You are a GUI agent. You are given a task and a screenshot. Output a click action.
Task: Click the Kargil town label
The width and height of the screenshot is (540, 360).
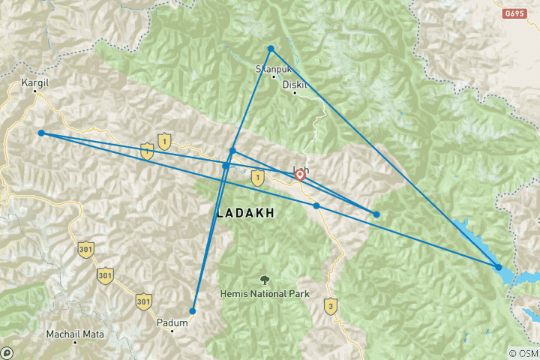click(35, 83)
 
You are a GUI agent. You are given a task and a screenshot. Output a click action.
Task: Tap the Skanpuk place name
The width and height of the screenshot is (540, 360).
click(271, 68)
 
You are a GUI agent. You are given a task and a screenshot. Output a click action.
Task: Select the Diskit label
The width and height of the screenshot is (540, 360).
click(295, 85)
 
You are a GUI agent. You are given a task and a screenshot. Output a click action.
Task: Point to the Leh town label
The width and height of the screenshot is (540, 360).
click(300, 169)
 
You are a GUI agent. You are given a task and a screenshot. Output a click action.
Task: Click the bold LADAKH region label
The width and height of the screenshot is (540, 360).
click(245, 214)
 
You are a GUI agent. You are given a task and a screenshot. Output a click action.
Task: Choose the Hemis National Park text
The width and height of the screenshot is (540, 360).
click(265, 293)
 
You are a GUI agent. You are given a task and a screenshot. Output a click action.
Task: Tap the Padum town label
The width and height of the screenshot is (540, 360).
click(172, 322)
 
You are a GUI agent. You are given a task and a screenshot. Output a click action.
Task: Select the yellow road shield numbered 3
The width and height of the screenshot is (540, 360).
click(329, 306)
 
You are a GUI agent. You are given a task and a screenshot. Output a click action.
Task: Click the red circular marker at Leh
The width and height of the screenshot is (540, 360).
click(300, 175)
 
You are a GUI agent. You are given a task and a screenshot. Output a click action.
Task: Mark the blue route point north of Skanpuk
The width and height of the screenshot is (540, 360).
click(271, 49)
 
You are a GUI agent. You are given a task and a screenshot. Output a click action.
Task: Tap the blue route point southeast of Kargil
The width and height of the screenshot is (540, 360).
click(41, 133)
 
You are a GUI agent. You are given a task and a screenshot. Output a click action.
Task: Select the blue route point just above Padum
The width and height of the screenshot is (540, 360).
click(193, 310)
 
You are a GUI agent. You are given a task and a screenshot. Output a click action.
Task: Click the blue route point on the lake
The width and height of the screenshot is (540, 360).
click(499, 267)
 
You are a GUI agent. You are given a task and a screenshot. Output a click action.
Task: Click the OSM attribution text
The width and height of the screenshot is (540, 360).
click(522, 353)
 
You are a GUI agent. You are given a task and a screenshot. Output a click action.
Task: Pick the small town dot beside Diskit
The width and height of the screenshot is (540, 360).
click(305, 93)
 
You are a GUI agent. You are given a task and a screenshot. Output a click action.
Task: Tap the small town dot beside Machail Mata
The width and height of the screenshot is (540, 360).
click(76, 342)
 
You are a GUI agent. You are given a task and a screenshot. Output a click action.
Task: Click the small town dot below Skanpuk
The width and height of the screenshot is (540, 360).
click(274, 76)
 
